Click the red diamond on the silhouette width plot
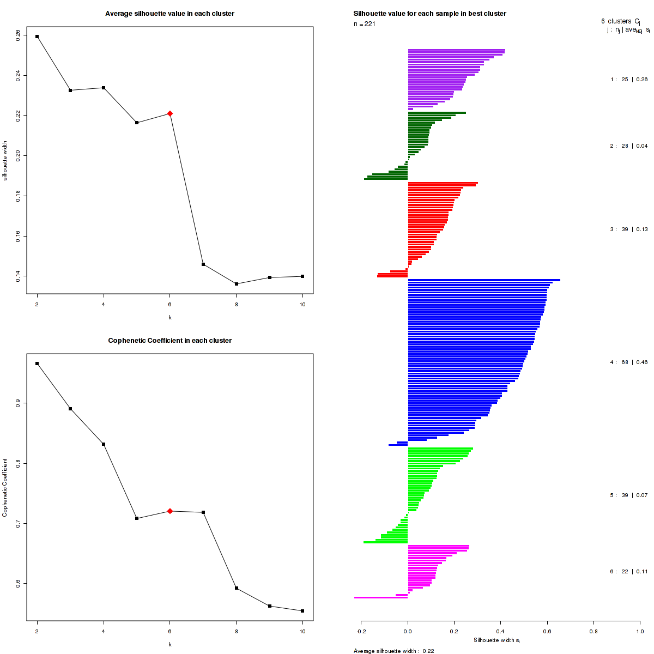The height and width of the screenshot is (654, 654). coord(170,113)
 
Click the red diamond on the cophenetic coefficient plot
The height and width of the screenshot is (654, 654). coord(170,511)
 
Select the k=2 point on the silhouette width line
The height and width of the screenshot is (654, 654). coord(37,37)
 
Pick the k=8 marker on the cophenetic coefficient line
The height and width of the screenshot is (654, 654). coord(237,588)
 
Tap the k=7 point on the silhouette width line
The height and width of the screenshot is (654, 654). coord(203,264)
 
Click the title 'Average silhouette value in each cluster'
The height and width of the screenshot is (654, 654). coord(170,14)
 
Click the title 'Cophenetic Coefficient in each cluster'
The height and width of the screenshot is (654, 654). coord(170,341)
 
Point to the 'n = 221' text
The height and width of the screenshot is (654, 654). coord(365,24)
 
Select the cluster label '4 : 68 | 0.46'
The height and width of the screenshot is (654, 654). coord(629,362)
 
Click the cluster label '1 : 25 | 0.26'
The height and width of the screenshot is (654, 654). coord(629,80)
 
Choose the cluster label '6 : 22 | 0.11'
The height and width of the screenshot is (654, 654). coord(629,572)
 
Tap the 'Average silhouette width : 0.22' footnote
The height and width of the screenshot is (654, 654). coord(394,651)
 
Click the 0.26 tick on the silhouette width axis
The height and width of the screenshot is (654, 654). coord(18,34)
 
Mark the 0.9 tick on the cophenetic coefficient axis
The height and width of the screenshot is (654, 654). coord(18,403)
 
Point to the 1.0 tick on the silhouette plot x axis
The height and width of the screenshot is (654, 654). coord(639,632)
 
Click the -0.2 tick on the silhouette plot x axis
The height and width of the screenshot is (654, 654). coord(361,632)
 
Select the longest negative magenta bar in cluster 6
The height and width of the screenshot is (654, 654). coord(381,597)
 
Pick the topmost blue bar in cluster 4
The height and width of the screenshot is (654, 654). coord(484,280)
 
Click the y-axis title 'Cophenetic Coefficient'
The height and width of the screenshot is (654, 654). coord(5,488)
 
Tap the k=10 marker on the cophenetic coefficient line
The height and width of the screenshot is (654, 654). coord(303,611)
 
